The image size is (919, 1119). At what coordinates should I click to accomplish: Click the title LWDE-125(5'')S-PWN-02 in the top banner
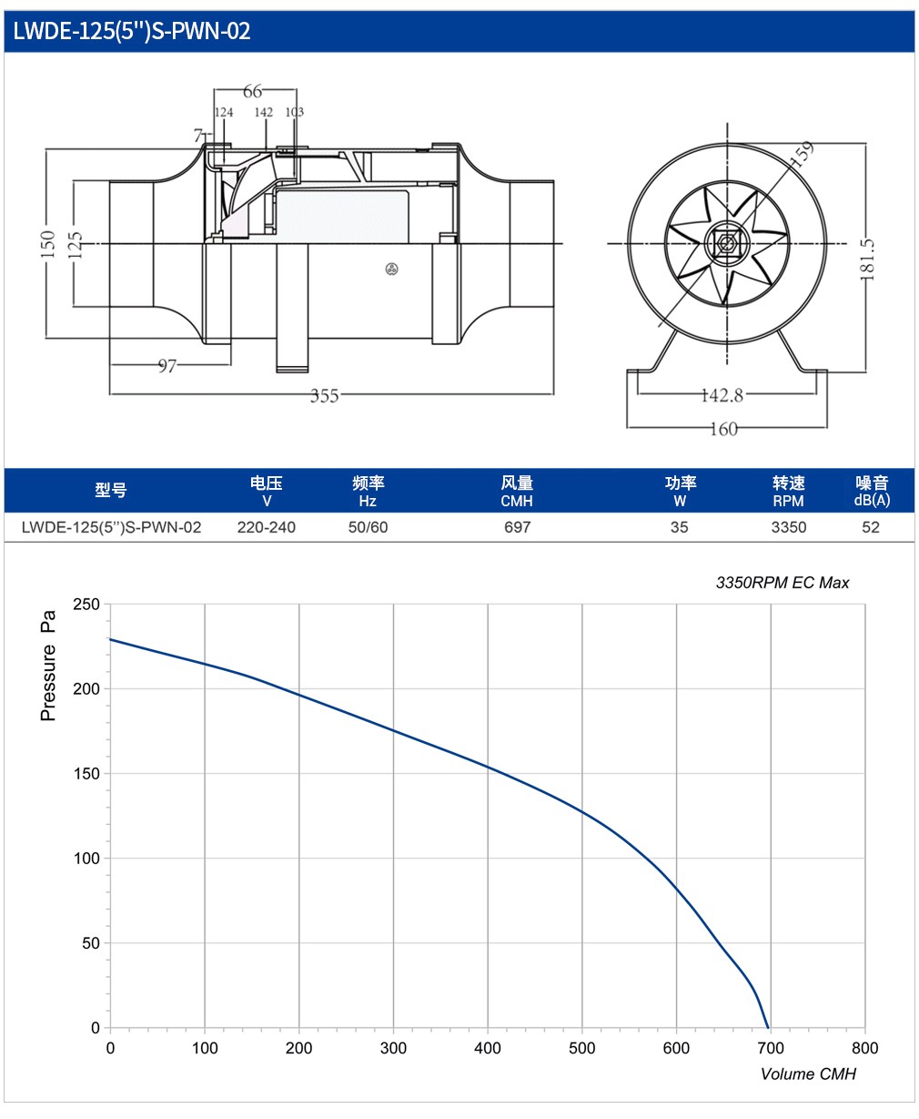tap(132, 31)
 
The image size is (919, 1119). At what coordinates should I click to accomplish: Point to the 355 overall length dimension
tap(324, 396)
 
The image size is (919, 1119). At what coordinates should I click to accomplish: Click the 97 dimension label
tap(167, 366)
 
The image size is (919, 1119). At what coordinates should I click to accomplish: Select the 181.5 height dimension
tap(866, 259)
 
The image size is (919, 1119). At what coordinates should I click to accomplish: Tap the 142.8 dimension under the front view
tap(722, 395)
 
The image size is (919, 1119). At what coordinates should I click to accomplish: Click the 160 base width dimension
tap(723, 429)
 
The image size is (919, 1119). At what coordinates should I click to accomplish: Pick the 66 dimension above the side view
tap(252, 91)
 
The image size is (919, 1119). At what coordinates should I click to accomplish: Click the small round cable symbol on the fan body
tap(391, 269)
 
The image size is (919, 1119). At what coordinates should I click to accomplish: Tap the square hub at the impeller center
tap(726, 244)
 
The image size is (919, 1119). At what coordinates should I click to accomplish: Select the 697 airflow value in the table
tap(517, 527)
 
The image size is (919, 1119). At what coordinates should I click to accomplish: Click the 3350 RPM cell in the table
tap(789, 527)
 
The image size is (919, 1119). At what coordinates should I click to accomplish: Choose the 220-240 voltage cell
tap(267, 527)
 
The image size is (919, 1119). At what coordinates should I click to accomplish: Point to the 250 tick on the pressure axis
tap(86, 604)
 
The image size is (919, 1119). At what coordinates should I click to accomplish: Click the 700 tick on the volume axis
tap(771, 1048)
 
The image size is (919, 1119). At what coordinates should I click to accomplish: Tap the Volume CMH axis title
tap(808, 1073)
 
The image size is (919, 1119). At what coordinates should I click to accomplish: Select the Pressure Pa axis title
tap(47, 666)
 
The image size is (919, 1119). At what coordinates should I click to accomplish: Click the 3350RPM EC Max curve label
tap(783, 583)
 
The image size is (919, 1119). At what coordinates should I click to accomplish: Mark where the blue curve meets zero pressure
tap(768, 1028)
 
